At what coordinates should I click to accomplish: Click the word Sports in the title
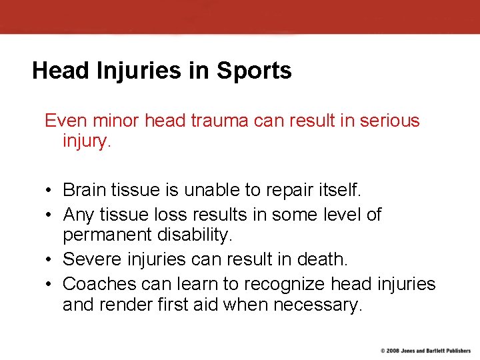[257, 71]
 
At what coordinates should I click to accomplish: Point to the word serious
[389, 121]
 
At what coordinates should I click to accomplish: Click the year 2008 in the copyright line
[393, 351]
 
